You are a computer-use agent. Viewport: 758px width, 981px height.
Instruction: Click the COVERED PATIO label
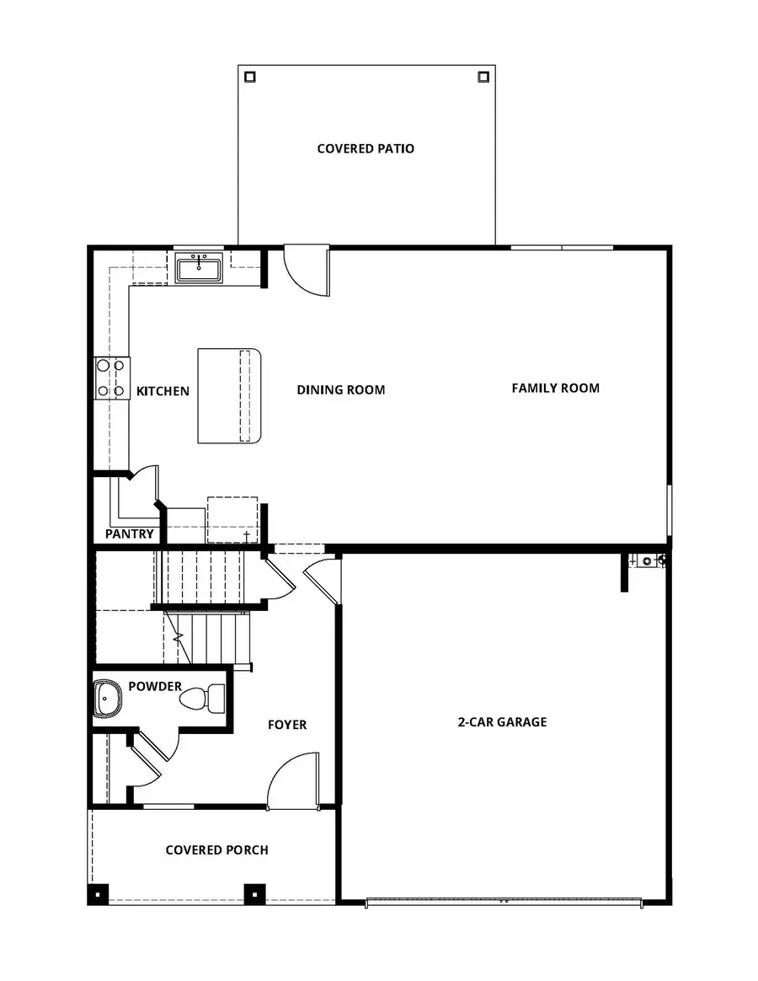pos(366,149)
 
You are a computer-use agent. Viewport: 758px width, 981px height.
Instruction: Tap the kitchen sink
pos(200,269)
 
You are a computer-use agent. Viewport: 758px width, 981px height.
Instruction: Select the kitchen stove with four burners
pos(111,378)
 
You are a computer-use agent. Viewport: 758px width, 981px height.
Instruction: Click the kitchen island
pos(230,395)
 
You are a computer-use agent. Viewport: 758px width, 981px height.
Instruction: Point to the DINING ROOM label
pos(341,390)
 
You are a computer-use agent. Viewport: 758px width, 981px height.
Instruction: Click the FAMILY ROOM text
pos(555,389)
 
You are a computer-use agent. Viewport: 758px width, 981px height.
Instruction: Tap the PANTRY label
pos(130,533)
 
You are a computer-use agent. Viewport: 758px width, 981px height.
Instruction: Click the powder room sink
pos(107,697)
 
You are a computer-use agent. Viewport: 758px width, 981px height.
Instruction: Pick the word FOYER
pos(287,725)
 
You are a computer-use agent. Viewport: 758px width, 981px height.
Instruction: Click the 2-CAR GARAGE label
pos(502,722)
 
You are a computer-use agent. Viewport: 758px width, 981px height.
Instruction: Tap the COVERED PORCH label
pos(217,850)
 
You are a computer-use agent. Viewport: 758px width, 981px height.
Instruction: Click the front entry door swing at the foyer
pos(292,782)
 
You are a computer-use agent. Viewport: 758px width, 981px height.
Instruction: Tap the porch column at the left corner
pos(99,893)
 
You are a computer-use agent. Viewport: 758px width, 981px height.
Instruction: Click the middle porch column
pos(254,893)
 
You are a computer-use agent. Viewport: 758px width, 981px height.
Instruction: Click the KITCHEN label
pos(163,392)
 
